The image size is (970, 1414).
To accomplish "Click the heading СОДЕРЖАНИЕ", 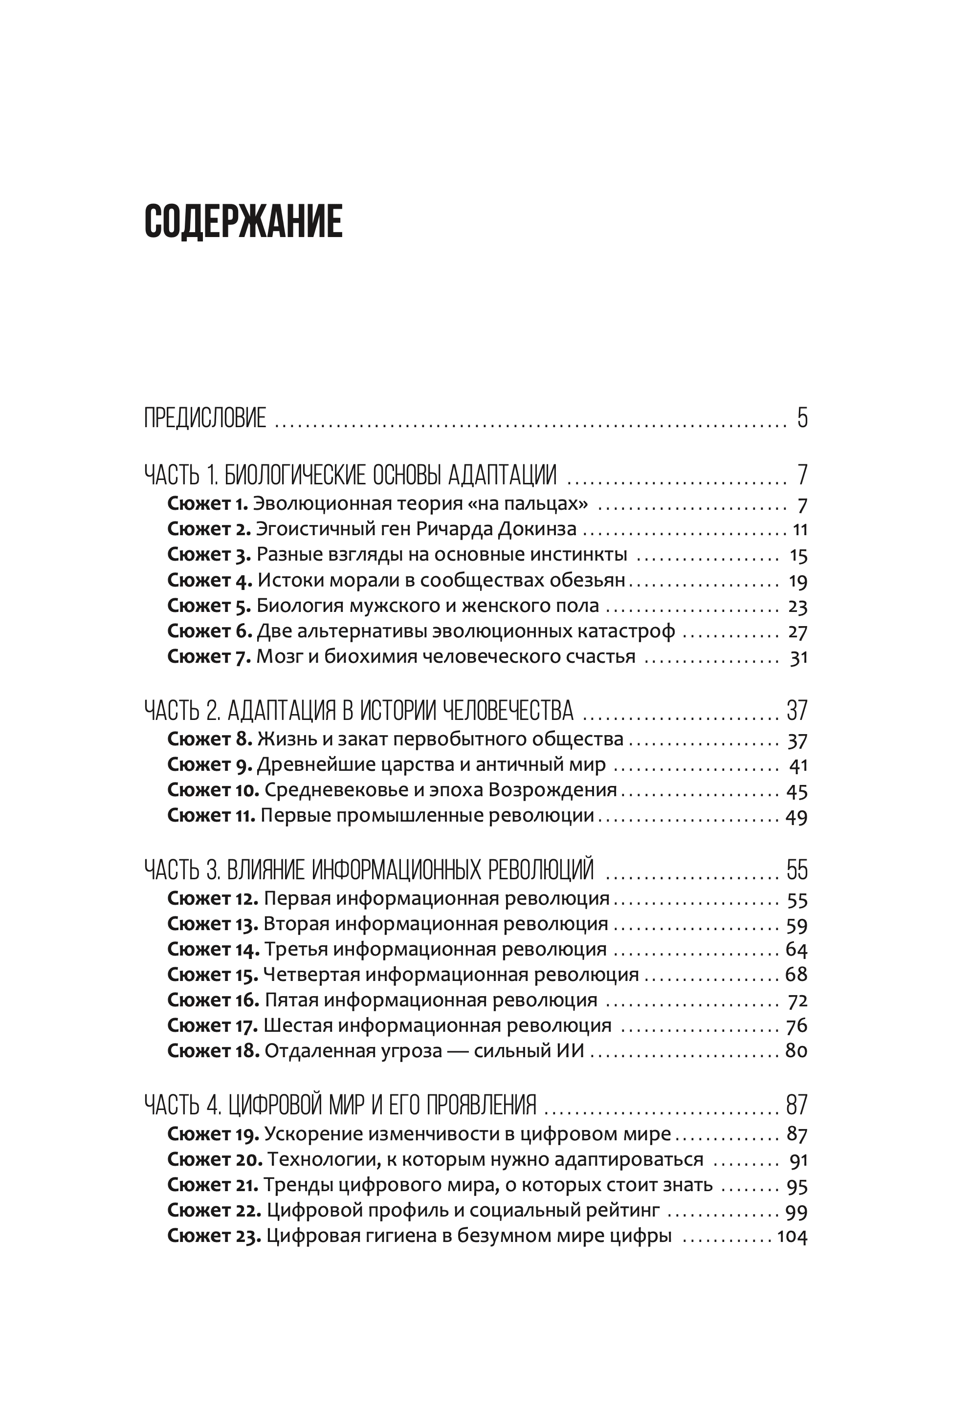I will click(x=243, y=221).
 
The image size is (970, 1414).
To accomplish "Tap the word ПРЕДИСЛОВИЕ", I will click(x=205, y=418).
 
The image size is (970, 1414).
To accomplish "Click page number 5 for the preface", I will click(x=802, y=418).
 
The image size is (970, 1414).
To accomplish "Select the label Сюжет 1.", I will click(x=207, y=504).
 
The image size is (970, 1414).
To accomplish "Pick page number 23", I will click(x=797, y=607).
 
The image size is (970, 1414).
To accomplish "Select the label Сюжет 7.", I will click(x=209, y=657).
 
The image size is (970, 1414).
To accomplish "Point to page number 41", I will click(x=798, y=765).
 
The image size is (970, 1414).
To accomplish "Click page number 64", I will click(x=796, y=950).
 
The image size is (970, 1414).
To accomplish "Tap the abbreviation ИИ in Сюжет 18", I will click(x=570, y=1051).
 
